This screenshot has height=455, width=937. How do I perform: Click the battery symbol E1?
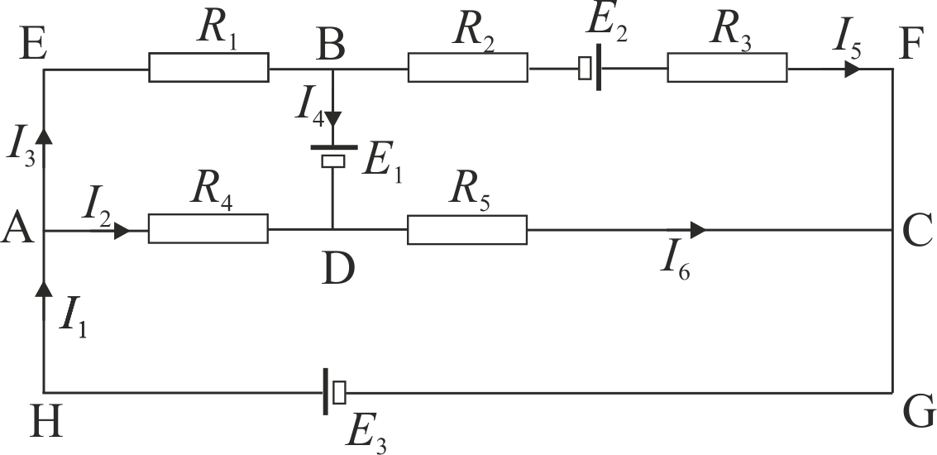point(333,154)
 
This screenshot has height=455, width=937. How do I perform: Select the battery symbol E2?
point(590,68)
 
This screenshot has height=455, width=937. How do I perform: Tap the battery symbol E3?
point(333,391)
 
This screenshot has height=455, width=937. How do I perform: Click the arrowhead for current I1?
point(43,289)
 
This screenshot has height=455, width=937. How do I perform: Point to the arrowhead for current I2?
point(122,230)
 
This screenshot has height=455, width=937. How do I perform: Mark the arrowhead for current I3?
point(43,136)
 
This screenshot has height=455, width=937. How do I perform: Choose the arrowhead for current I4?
point(332,118)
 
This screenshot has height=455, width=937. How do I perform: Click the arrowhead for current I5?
point(853,69)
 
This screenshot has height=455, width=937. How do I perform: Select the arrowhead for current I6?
point(698,229)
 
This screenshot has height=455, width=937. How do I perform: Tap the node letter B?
point(331,46)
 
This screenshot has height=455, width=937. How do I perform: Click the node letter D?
point(338,269)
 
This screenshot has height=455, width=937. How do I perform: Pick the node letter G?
point(919,413)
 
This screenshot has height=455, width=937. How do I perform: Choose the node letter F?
point(912,46)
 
